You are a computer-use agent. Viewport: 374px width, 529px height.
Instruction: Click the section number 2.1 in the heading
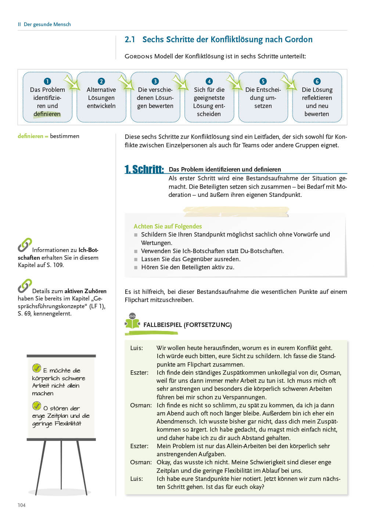click(130, 40)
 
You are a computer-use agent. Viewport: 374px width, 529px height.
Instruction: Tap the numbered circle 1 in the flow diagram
click(47, 81)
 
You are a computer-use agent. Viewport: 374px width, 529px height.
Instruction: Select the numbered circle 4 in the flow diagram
click(209, 81)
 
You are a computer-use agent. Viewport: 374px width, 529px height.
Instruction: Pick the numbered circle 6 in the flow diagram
click(317, 81)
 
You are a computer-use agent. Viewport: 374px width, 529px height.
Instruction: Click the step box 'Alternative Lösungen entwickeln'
click(101, 98)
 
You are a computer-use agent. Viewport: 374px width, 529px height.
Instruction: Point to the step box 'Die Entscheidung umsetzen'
click(263, 98)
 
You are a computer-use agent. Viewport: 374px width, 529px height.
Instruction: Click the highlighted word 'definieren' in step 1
click(47, 114)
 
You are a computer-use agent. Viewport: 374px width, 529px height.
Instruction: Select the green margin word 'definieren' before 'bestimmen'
click(30, 136)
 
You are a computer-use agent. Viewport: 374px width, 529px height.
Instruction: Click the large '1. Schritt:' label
click(144, 169)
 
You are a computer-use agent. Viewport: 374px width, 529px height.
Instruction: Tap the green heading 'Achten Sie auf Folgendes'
click(168, 226)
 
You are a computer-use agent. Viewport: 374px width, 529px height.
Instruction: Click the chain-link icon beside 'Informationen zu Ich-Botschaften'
click(25, 245)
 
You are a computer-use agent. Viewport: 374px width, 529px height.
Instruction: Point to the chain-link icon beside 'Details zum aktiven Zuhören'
click(25, 286)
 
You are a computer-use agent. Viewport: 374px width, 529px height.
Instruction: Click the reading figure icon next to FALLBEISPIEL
click(132, 321)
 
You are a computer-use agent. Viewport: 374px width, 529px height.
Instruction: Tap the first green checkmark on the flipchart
click(37, 368)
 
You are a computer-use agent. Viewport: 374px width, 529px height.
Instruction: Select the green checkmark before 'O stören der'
click(37, 406)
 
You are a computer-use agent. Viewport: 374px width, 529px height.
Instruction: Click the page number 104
click(22, 505)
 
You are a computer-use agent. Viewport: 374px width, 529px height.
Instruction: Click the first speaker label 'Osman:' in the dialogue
click(141, 405)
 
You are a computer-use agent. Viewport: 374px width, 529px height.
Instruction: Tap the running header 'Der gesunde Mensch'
click(47, 24)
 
